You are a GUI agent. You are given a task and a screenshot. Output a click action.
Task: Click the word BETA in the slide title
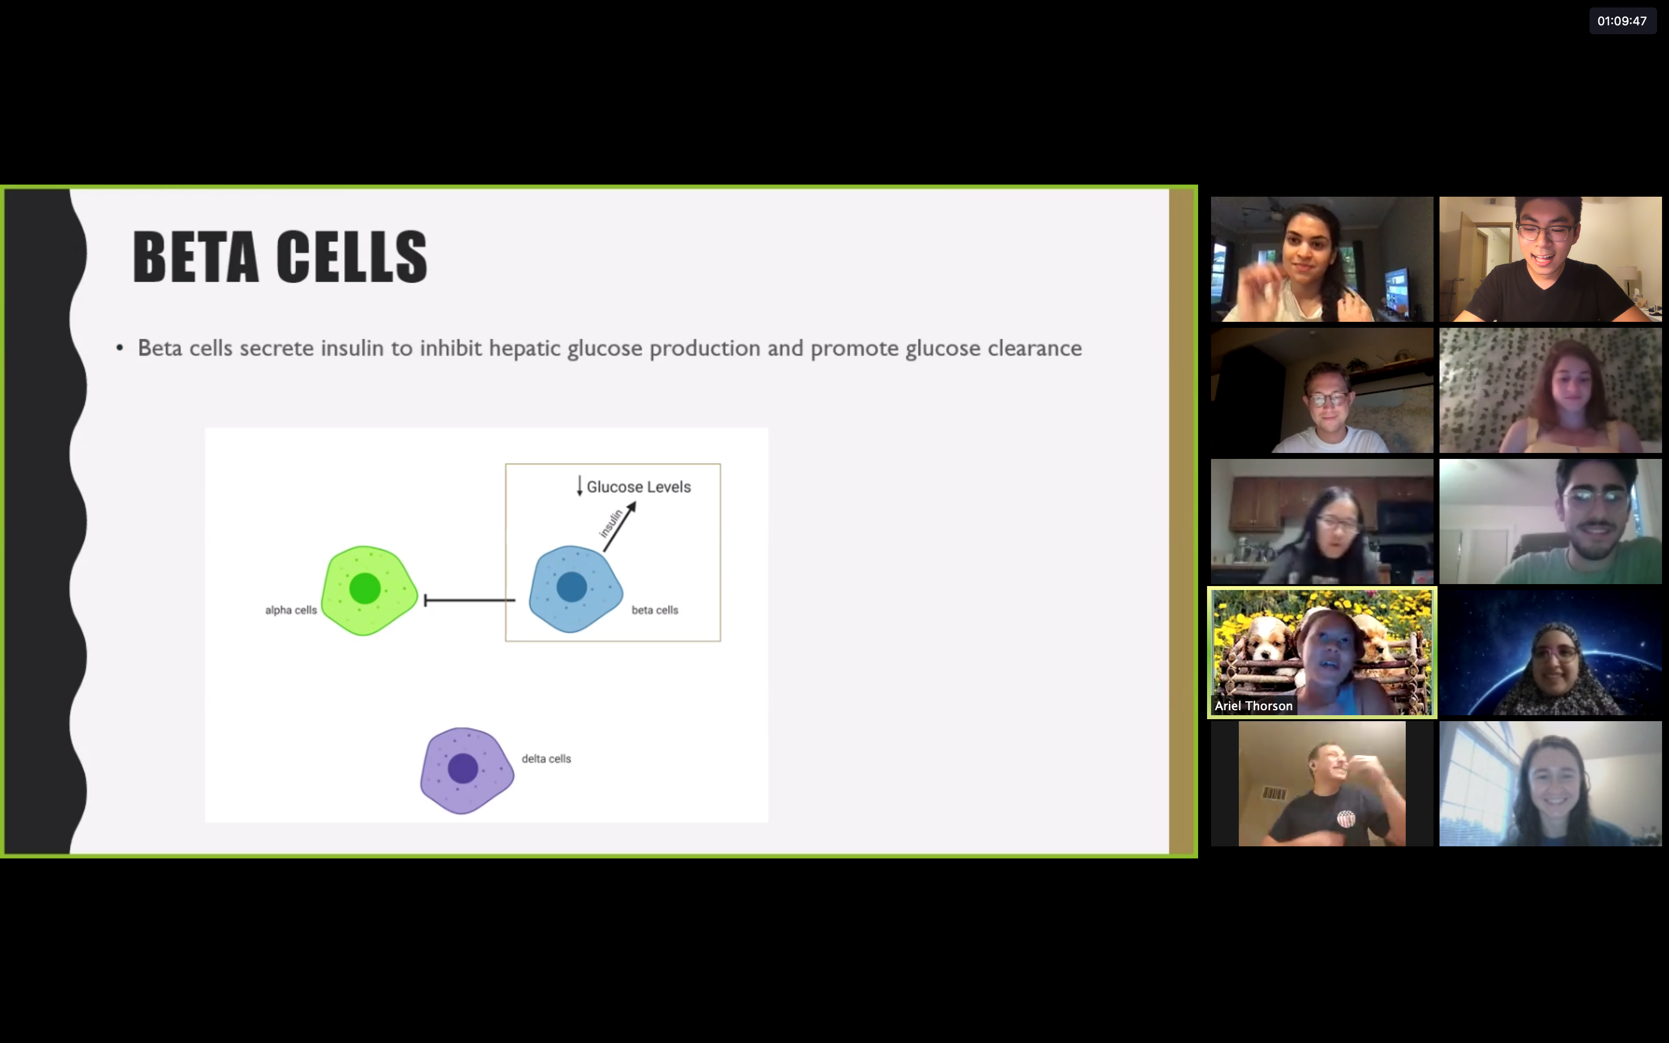tap(195, 257)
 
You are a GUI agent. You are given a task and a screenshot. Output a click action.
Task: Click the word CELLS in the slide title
tap(352, 257)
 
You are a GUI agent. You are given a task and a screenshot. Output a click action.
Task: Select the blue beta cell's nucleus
tap(572, 588)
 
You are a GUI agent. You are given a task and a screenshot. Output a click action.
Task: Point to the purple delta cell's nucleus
tap(463, 768)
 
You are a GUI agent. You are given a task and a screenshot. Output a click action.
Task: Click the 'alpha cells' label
tap(291, 610)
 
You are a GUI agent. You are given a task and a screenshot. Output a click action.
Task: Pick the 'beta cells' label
tap(655, 610)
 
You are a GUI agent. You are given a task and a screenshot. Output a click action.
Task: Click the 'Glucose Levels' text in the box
tap(639, 487)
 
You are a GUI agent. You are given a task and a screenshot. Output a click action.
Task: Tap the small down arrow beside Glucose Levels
tap(579, 486)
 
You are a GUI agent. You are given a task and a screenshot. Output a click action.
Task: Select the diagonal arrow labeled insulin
tap(619, 527)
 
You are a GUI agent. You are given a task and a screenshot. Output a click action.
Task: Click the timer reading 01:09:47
tap(1622, 21)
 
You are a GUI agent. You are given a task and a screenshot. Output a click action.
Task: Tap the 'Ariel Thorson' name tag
tap(1253, 706)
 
